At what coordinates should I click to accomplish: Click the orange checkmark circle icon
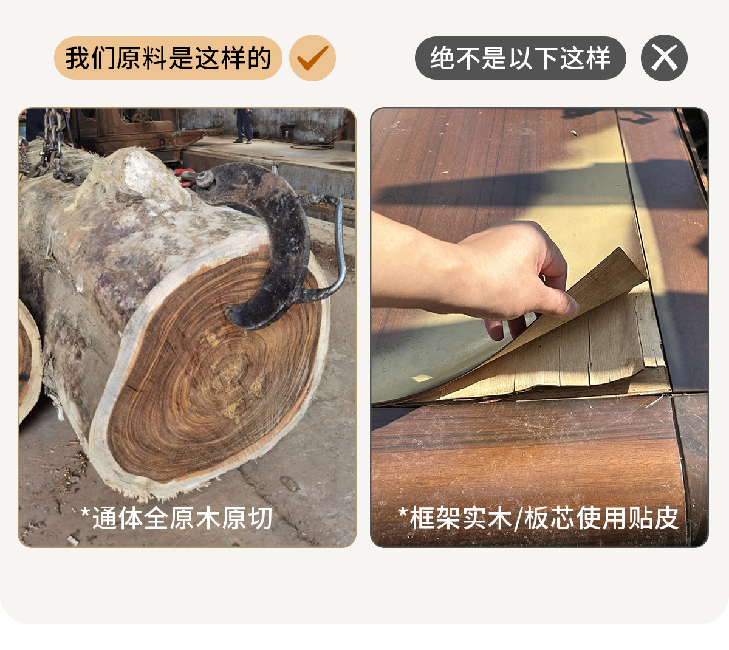(x=312, y=58)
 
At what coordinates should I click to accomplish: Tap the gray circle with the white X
(x=664, y=58)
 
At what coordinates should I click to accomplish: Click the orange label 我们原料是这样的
(x=168, y=58)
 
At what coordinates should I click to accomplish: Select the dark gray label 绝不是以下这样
(x=520, y=58)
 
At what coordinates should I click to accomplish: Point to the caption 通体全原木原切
(x=176, y=518)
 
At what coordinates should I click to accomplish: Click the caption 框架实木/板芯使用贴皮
(x=538, y=518)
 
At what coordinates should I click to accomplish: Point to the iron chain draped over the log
(x=50, y=151)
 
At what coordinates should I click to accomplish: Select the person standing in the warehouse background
(x=244, y=126)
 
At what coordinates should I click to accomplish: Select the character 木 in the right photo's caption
(x=500, y=518)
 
